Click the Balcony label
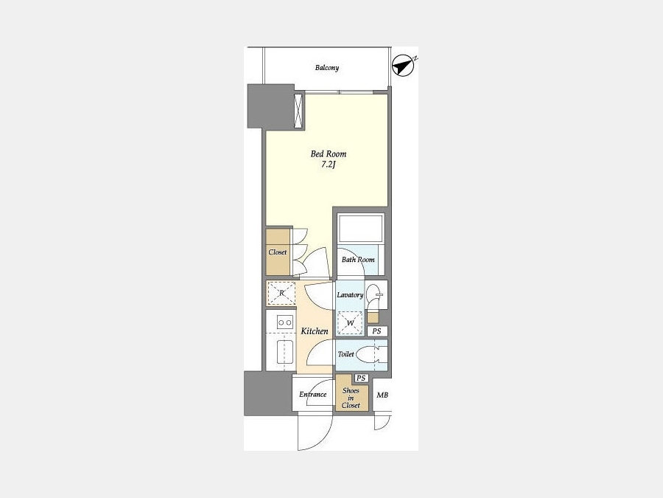pyautogui.click(x=327, y=68)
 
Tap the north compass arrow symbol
pyautogui.click(x=403, y=66)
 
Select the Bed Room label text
pyautogui.click(x=329, y=154)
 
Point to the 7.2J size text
pyautogui.click(x=328, y=165)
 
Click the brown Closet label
pyautogui.click(x=278, y=252)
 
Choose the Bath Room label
pyautogui.click(x=358, y=260)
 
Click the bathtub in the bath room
pyautogui.click(x=360, y=229)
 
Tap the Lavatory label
pyautogui.click(x=350, y=294)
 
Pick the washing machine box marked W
pyautogui.click(x=350, y=324)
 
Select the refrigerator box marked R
pyautogui.click(x=281, y=293)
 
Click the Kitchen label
pyautogui.click(x=315, y=331)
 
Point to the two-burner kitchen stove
pyautogui.click(x=285, y=322)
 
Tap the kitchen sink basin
pyautogui.click(x=285, y=351)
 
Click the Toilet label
pyautogui.click(x=346, y=354)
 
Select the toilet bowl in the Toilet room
pyautogui.click(x=368, y=355)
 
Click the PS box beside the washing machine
pyautogui.click(x=376, y=331)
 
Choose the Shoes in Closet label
pyautogui.click(x=351, y=398)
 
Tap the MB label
pyautogui.click(x=382, y=395)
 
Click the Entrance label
pyautogui.click(x=313, y=395)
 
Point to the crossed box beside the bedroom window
pyautogui.click(x=299, y=111)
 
